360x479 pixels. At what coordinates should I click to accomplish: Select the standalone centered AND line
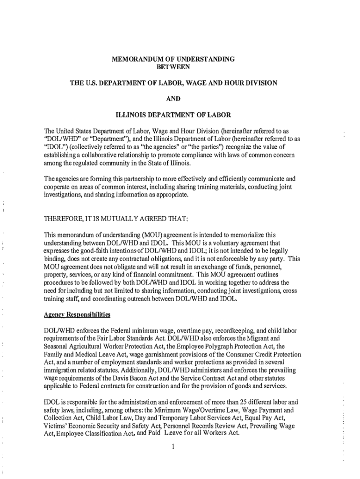coord(173,99)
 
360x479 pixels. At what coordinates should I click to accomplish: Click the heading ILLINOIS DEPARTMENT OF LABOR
coord(173,115)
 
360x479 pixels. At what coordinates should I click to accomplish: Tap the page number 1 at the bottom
coord(173,446)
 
